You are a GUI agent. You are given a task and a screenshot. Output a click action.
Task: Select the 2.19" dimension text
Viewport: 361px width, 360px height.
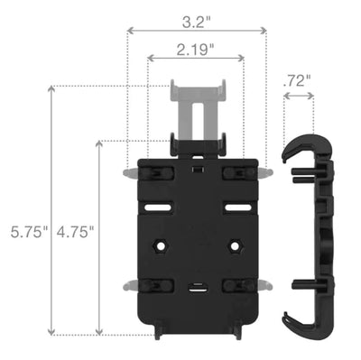[196, 50]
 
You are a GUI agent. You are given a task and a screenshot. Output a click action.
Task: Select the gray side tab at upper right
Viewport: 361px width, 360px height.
[263, 171]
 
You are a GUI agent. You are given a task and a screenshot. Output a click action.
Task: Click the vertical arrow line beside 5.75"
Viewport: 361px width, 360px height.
[51, 208]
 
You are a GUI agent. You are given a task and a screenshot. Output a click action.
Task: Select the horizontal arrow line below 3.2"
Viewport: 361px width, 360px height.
[196, 31]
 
